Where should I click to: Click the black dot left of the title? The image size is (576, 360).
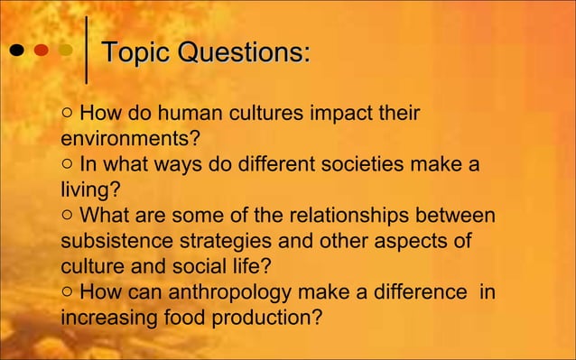point(17,51)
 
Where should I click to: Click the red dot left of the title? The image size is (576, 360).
point(42,51)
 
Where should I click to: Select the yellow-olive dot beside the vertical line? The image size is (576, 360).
point(65,51)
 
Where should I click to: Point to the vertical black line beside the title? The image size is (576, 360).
point(86,51)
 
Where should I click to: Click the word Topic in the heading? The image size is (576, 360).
point(135,52)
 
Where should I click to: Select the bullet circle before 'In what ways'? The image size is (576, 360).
point(69,166)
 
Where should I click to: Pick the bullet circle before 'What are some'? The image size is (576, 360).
point(69,217)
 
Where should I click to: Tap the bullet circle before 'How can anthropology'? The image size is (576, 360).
point(69,293)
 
